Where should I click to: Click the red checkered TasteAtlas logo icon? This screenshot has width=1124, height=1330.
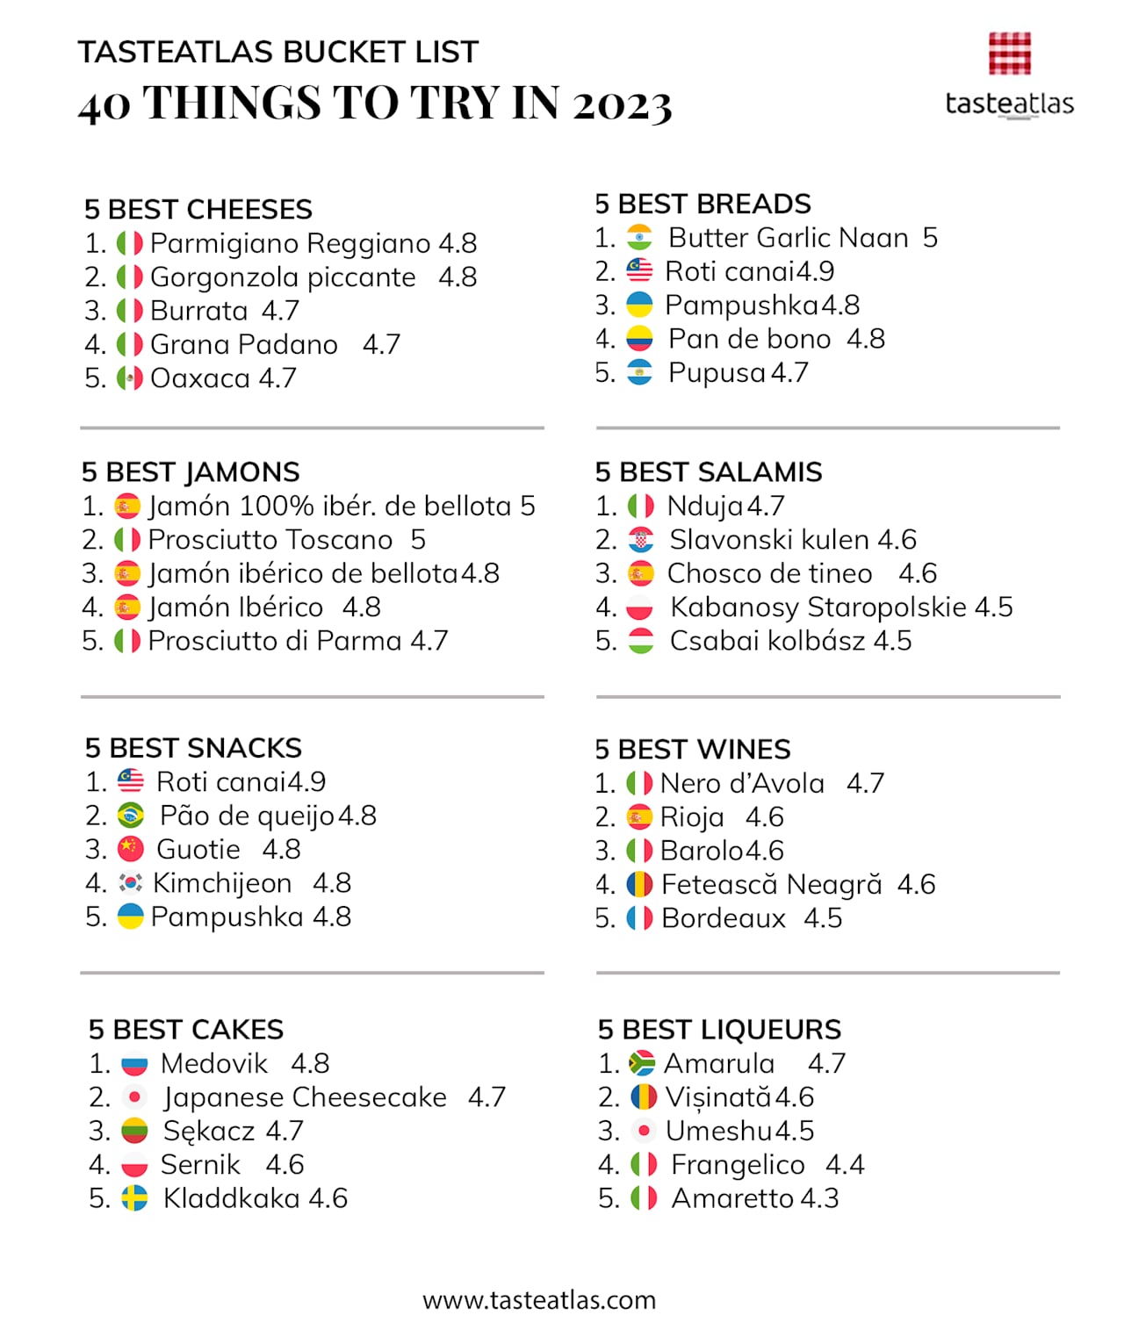[1009, 54]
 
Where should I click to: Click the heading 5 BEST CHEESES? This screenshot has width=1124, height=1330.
[198, 209]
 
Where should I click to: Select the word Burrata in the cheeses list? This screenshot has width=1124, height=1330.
[199, 311]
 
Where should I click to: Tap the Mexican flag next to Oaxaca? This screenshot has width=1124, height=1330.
[130, 378]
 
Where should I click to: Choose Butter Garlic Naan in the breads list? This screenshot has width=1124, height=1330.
[788, 238]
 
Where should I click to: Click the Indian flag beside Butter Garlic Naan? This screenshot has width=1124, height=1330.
[639, 238]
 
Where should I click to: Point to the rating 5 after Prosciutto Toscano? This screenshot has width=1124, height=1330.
[418, 540]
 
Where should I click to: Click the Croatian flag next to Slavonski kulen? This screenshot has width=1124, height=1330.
[641, 540]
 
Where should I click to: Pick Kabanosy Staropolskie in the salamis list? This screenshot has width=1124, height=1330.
[818, 607]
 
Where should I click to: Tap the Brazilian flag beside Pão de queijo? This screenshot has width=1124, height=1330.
[131, 816]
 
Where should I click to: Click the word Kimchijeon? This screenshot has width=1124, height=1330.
[222, 883]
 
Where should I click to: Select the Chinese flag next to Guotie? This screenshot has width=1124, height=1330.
[130, 849]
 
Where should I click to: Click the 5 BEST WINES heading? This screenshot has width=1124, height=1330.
[693, 749]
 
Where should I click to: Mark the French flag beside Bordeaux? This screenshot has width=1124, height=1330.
[639, 918]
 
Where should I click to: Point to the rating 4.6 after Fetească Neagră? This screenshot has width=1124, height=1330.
[916, 884]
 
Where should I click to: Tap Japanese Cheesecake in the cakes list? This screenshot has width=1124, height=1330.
[305, 1097]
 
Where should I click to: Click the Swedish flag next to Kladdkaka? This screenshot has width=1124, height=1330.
[134, 1198]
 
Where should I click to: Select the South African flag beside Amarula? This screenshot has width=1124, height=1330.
[643, 1064]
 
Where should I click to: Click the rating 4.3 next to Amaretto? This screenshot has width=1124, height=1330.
[818, 1198]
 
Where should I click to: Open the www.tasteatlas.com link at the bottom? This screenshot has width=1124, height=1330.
[539, 1300]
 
